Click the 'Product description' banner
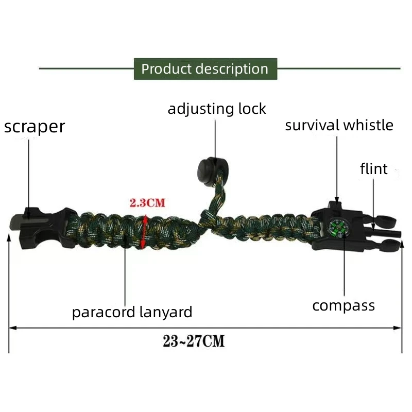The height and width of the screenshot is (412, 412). click(205, 69)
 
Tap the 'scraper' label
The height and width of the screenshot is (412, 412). click(35, 127)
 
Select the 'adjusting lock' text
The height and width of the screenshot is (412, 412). click(217, 109)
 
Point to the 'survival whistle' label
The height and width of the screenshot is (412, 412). click(339, 125)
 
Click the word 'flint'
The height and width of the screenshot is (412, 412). click(373, 169)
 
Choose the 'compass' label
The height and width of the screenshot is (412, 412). click(344, 305)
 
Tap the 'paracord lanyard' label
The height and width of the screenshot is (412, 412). click(132, 312)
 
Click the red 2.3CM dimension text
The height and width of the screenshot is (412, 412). click(147, 202)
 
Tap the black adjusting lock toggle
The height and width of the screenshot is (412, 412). click(207, 167)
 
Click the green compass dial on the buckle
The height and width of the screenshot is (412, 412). click(339, 229)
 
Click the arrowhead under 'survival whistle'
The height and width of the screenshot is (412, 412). click(336, 200)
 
